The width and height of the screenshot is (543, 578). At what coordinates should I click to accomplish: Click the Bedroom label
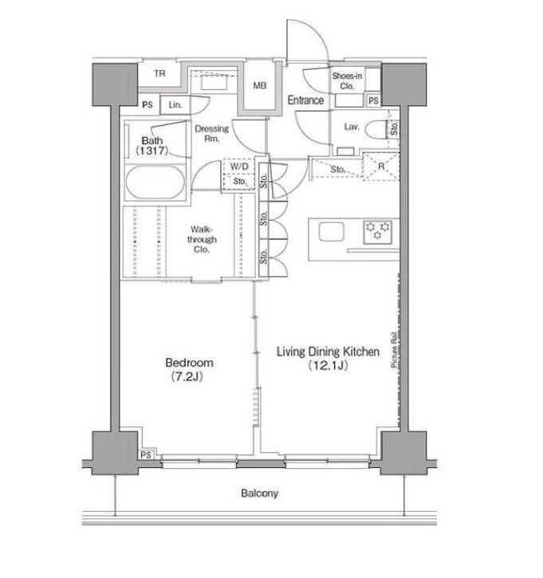coord(189,363)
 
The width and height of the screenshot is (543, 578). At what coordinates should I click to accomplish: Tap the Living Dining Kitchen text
coord(328,352)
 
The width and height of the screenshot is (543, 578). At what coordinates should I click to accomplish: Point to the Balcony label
coord(259,493)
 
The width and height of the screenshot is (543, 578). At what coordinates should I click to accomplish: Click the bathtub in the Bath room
coord(155,183)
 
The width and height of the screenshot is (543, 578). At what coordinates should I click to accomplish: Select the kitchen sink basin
coord(332,232)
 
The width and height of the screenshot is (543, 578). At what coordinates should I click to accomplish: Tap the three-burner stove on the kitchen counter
coord(377,232)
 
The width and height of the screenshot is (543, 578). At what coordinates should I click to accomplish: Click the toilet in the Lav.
coord(376,128)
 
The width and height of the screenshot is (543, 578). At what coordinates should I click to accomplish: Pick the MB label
coord(259,85)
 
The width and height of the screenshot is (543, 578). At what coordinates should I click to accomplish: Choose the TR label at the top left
coord(159,73)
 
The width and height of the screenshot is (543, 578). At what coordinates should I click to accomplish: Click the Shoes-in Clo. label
coord(347,81)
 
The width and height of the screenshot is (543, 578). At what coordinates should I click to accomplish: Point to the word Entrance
coord(305,100)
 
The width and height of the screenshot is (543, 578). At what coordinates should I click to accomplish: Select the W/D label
coord(239,167)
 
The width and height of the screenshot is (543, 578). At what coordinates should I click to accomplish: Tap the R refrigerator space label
coord(381,167)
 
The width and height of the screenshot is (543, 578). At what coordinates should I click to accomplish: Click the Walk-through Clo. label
coord(202,239)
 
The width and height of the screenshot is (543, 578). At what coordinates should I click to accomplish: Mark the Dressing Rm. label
coord(212,133)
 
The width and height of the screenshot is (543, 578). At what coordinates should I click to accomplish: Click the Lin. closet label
coord(175,105)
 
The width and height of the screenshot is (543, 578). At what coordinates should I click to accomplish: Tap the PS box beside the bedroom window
coord(146,455)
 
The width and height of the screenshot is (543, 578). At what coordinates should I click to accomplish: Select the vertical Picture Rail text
coord(395,348)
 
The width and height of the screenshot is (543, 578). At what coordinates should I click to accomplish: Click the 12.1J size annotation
coord(328,365)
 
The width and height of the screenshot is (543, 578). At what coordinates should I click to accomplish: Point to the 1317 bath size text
coord(151,151)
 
